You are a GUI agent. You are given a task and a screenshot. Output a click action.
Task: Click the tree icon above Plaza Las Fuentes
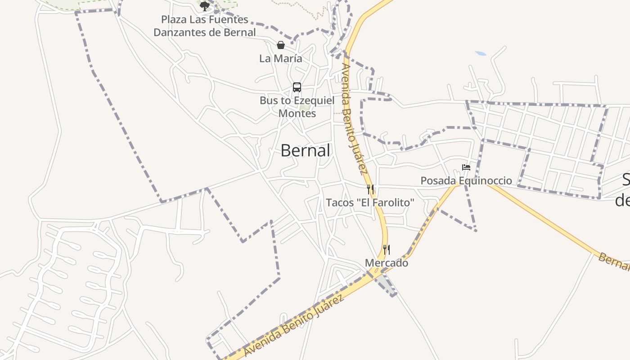(205, 6)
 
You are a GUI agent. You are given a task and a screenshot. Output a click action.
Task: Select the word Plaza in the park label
(173, 19)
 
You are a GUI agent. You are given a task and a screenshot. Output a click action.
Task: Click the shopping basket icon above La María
(281, 45)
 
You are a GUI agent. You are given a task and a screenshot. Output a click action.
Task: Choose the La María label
(281, 58)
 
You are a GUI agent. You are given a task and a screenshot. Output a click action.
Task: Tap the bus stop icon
(297, 87)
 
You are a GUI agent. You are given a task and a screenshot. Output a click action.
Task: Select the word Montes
(297, 113)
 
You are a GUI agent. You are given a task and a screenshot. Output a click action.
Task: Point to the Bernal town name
(306, 150)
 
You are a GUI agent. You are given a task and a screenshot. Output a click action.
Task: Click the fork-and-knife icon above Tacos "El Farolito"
(370, 189)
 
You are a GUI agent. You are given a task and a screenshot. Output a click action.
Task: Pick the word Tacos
(340, 202)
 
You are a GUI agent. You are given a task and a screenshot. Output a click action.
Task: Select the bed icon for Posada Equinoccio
(466, 167)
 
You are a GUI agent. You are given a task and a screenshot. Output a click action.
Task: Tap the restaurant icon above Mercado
(387, 249)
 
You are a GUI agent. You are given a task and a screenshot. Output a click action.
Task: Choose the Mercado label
(387, 263)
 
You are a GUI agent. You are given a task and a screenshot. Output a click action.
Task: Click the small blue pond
(481, 54)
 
